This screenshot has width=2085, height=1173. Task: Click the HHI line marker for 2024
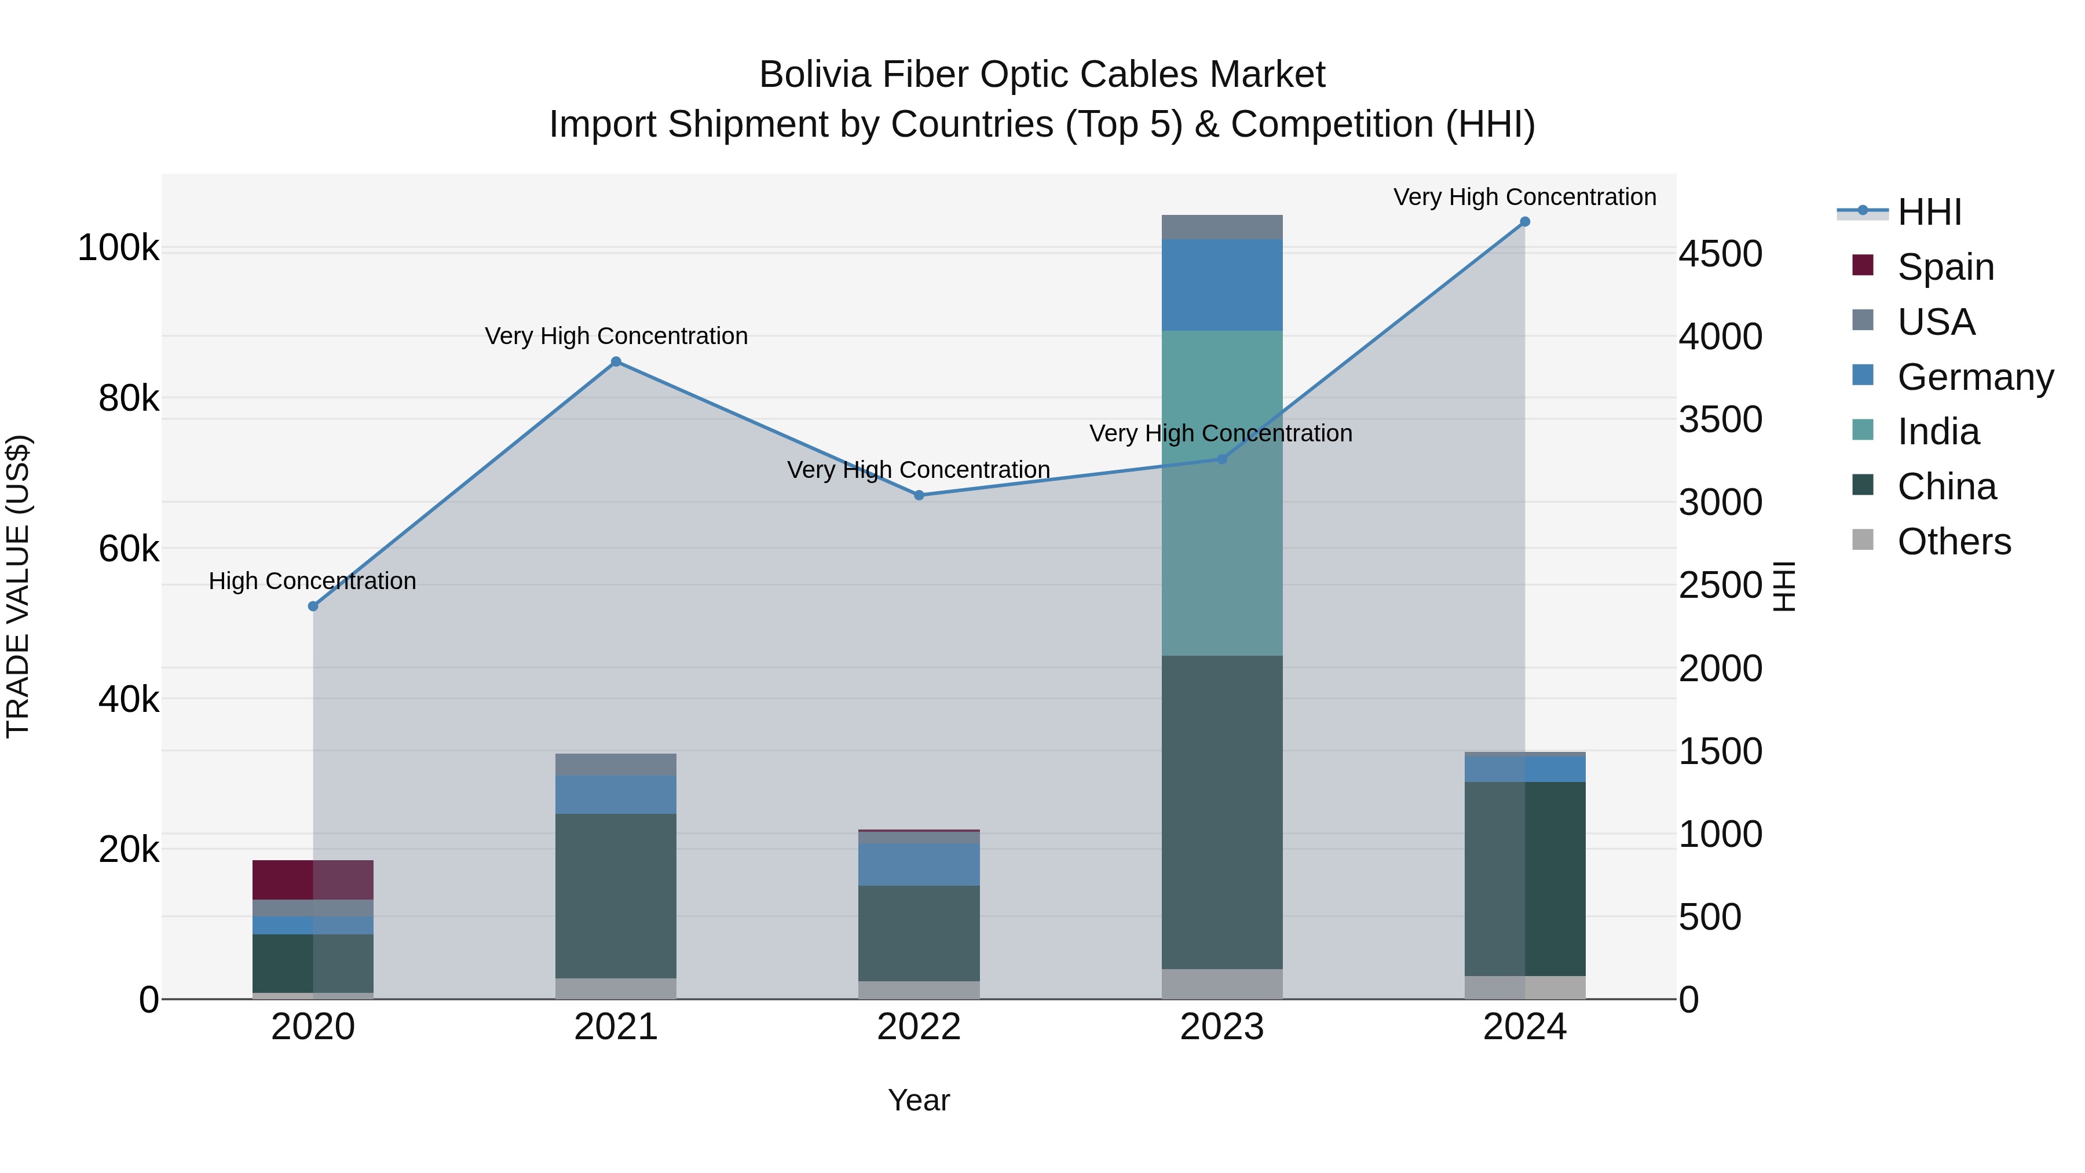click(x=1525, y=222)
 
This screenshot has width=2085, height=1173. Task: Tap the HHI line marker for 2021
click(x=616, y=362)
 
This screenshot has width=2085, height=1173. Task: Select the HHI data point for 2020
click(x=313, y=606)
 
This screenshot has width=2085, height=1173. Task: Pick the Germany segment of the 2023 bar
click(x=1222, y=284)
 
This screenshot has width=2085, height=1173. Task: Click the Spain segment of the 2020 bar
click(x=313, y=880)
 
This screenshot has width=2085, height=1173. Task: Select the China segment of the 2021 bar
click(x=616, y=896)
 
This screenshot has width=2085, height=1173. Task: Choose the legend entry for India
click(x=1938, y=432)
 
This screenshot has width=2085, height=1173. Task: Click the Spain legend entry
click(x=1945, y=267)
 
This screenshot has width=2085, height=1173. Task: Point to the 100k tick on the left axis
click(x=118, y=248)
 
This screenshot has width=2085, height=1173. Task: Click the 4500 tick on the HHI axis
click(x=1720, y=254)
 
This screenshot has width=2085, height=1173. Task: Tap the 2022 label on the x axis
click(x=919, y=1027)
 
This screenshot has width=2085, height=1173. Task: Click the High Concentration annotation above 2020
click(x=312, y=581)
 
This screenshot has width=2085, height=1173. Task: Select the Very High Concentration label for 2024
click(x=1525, y=197)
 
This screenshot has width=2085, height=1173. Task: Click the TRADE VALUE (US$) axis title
click(x=18, y=586)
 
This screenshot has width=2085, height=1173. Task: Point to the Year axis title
click(x=919, y=1100)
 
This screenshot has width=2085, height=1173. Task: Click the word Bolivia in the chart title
click(x=815, y=75)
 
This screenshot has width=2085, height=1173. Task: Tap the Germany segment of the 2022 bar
click(x=919, y=865)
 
